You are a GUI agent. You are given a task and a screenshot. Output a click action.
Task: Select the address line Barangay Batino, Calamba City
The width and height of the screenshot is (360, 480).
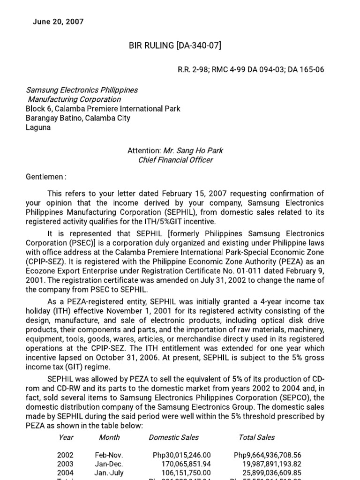[78, 118]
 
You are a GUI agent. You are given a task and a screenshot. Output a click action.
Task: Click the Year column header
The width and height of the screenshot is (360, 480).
[66, 437]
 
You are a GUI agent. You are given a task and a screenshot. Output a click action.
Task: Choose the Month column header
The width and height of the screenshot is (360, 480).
[109, 437]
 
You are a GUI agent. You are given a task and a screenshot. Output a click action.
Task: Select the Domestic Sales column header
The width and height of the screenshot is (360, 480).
[173, 437]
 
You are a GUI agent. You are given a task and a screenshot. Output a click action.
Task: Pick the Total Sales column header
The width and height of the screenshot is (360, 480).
[257, 437]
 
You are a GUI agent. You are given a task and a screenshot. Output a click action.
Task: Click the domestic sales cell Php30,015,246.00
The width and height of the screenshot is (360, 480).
[182, 455]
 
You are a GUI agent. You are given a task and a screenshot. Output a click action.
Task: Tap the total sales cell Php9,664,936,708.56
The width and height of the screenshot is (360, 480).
[267, 455]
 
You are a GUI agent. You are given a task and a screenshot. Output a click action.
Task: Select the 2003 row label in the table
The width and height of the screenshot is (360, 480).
[65, 464]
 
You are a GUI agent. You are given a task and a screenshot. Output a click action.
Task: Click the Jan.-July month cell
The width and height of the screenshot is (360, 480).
[109, 472]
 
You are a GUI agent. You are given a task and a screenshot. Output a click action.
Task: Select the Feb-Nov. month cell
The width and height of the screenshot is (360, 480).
[109, 455]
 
